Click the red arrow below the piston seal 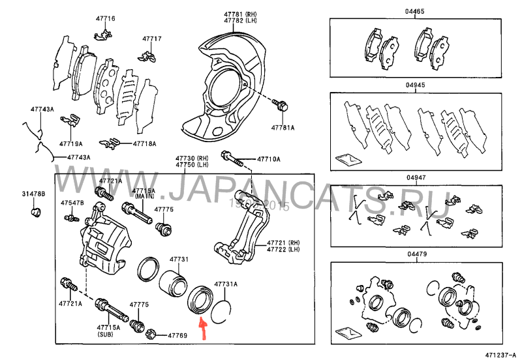click(x=202, y=329)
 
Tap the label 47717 click(x=152, y=39)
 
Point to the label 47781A click(x=283, y=127)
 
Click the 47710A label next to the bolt click(x=268, y=158)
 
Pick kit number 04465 click(x=414, y=12)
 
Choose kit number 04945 click(x=414, y=85)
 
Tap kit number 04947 click(x=414, y=177)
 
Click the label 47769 click(x=177, y=335)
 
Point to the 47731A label click(x=226, y=284)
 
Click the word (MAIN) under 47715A click(x=144, y=196)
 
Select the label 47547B click(x=72, y=202)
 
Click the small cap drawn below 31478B click(x=37, y=211)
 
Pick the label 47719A click(x=70, y=142)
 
